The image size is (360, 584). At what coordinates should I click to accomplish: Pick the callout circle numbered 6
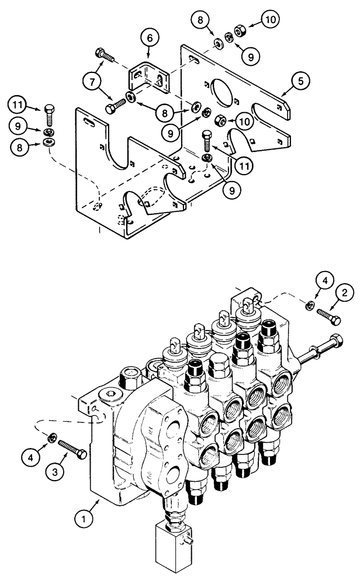[x=149, y=38]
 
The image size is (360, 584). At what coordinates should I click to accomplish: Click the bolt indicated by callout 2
[x=331, y=318]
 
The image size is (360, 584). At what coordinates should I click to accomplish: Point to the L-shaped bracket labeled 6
[x=146, y=77]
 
